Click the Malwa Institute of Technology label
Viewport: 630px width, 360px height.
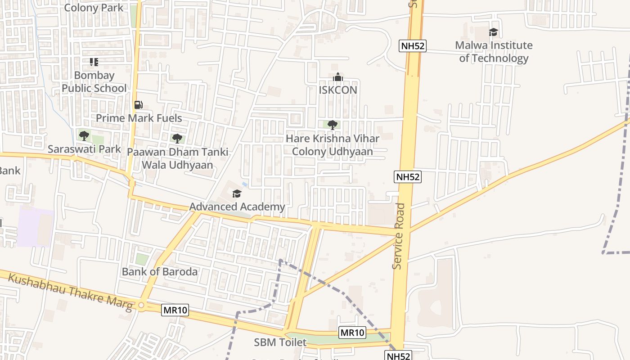494,52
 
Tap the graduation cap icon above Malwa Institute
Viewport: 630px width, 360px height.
494,32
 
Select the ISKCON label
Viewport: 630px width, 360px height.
337,90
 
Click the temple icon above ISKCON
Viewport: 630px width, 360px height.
337,77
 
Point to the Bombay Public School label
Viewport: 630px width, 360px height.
94,81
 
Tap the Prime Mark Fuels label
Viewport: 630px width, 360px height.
139,118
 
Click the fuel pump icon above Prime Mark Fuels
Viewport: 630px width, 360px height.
139,105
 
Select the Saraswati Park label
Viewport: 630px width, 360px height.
84,149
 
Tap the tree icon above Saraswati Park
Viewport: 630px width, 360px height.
84,135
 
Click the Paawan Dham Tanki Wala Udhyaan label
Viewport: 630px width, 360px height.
177,158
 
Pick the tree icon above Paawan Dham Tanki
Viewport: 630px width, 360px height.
177,138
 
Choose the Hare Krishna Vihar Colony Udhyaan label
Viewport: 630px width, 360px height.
333,145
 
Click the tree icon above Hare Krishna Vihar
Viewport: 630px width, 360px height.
333,125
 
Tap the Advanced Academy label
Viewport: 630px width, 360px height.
237,207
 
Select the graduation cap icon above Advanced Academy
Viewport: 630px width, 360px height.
237,193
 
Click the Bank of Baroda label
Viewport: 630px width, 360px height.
160,272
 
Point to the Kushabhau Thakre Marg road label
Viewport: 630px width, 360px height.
70,292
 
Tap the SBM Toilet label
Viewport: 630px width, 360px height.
280,342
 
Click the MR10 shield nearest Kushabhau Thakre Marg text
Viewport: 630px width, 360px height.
175,310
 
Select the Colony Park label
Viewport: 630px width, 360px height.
94,8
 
